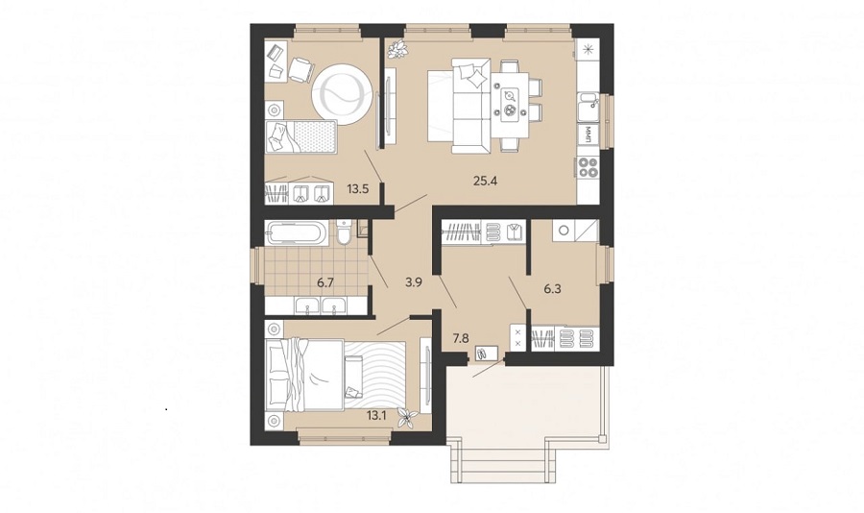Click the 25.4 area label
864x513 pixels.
click(x=486, y=180)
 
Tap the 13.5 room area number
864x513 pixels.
click(x=358, y=188)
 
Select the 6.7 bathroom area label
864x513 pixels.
click(x=325, y=283)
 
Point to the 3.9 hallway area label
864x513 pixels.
click(x=413, y=281)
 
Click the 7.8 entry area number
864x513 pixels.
click(x=461, y=338)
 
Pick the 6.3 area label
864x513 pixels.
click(x=552, y=288)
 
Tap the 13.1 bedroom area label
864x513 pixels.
click(x=375, y=415)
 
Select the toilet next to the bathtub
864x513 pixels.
click(x=345, y=232)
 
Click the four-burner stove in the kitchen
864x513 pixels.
click(x=588, y=167)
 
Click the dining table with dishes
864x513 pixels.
click(x=511, y=104)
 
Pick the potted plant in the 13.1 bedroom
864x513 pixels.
click(x=408, y=418)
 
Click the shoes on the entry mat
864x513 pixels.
click(x=482, y=354)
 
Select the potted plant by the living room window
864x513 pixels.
click(x=397, y=50)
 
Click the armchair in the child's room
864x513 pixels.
click(x=300, y=70)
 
